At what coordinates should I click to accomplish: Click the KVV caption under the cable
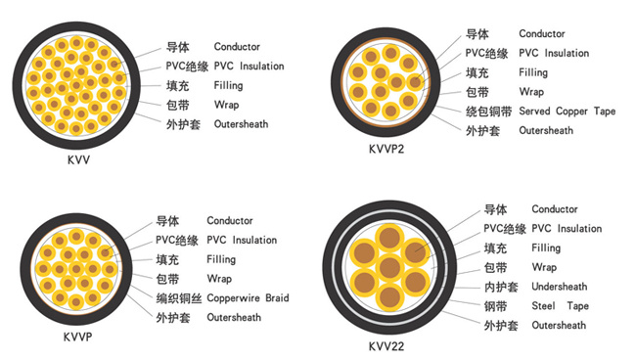tap(78, 159)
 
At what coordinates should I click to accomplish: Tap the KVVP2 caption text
tap(386, 150)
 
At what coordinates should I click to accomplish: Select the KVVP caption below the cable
tap(77, 337)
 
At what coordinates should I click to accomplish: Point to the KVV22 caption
tap(386, 346)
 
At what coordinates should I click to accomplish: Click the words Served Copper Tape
tap(568, 112)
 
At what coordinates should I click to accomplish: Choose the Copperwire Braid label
tap(248, 298)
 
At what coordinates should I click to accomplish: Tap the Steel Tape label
tap(560, 305)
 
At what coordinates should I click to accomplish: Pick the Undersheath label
tap(560, 287)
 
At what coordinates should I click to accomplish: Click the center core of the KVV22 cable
tap(389, 268)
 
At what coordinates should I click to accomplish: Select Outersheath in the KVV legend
tap(241, 124)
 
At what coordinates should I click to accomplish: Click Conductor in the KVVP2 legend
tap(542, 33)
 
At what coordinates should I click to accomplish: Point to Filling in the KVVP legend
tap(221, 259)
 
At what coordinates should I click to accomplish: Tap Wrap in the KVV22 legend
tap(544, 267)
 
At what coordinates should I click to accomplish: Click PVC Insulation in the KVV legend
tap(249, 67)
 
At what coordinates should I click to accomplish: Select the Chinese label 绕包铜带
tap(488, 112)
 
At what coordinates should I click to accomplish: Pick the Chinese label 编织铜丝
tap(179, 298)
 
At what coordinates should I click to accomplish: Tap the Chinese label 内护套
tap(501, 287)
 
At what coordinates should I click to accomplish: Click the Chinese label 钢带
tap(495, 306)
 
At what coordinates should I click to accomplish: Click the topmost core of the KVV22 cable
tap(389, 239)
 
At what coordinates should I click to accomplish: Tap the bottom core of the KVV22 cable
tap(389, 297)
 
